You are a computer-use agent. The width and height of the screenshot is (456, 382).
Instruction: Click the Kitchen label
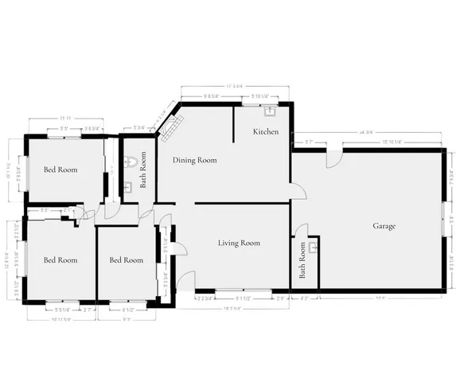266,131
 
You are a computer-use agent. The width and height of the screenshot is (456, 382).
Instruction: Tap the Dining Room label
195,160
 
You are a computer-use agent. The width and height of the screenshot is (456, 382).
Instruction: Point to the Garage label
384,226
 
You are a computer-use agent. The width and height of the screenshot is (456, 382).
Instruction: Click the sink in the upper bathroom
129,189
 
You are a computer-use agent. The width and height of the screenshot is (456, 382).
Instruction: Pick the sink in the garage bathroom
314,248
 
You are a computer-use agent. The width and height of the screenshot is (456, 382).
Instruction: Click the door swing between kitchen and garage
298,192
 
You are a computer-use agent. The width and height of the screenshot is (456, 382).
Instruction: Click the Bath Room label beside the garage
302,261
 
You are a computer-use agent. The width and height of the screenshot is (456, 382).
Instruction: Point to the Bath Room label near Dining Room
144,169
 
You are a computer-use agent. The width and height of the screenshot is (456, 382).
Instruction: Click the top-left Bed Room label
60,170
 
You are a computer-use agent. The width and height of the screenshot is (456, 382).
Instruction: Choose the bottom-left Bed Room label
60,260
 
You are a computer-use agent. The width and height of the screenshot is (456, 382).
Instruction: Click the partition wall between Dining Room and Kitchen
233,123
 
